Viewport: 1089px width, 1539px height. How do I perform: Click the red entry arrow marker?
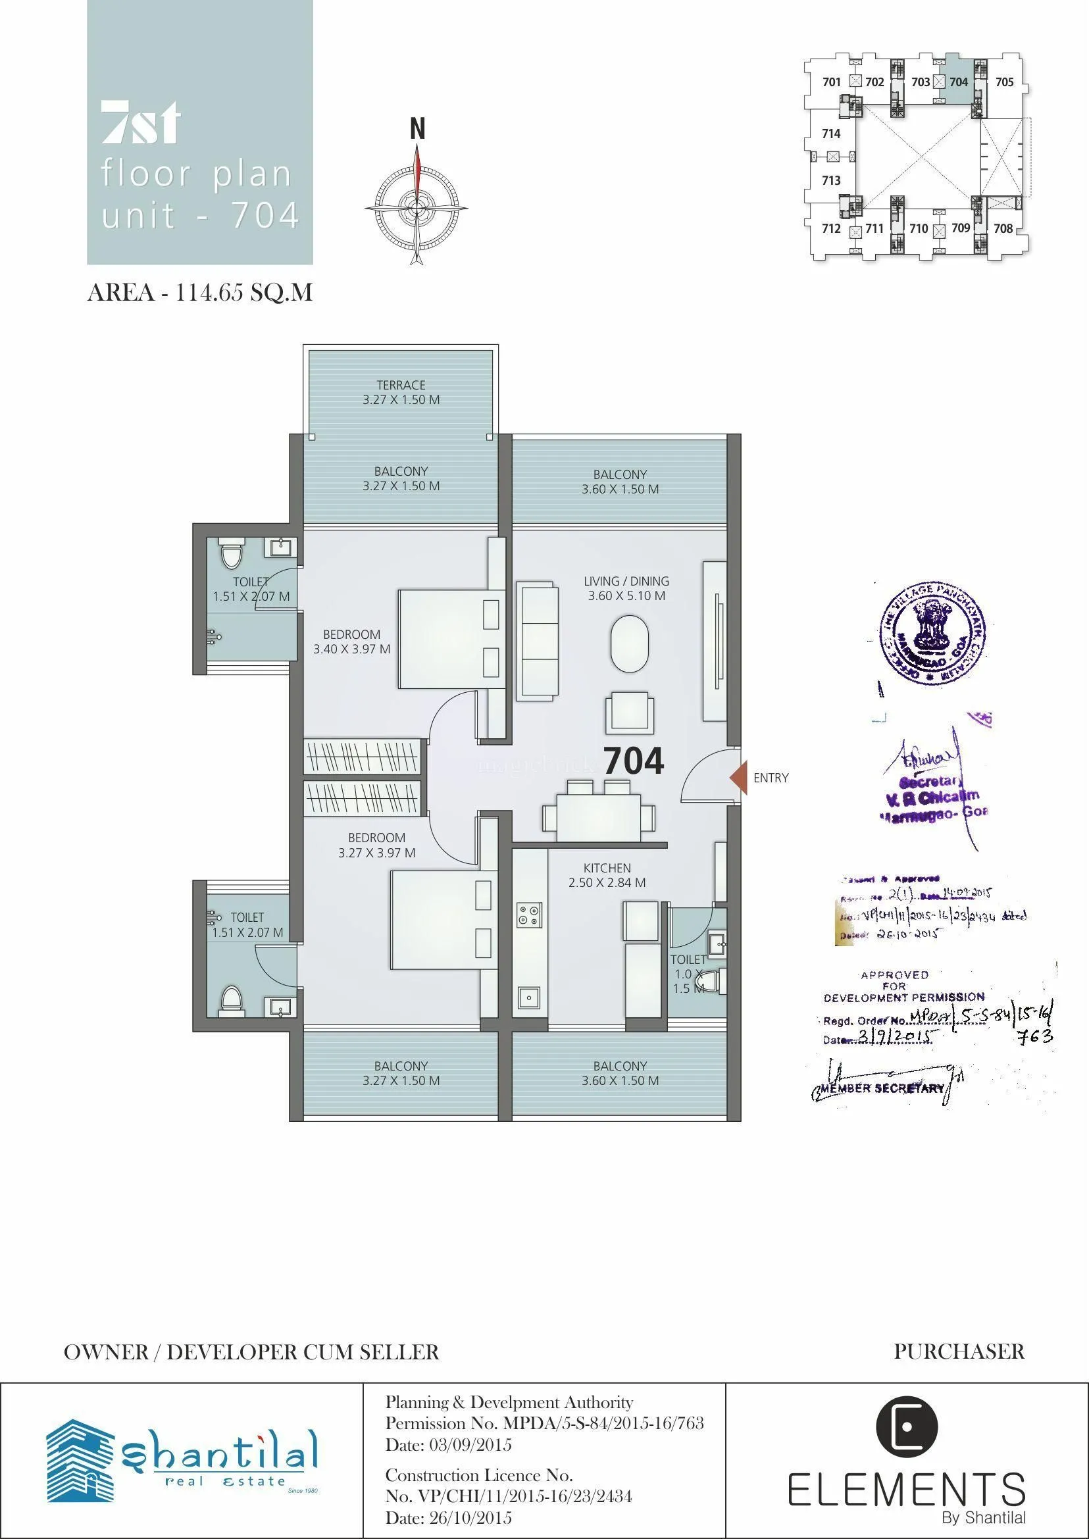click(x=738, y=777)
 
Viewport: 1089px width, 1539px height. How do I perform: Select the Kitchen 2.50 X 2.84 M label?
click(x=607, y=875)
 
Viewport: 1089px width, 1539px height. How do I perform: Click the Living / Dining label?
click(x=626, y=588)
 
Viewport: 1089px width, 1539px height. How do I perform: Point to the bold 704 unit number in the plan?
click(x=634, y=761)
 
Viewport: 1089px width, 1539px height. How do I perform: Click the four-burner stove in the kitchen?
click(x=529, y=915)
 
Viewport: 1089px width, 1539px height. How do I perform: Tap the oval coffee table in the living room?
click(x=629, y=644)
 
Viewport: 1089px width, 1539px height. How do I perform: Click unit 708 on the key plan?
click(x=1003, y=229)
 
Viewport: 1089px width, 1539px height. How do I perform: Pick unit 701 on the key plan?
click(x=832, y=82)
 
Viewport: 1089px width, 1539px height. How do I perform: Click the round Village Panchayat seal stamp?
click(x=933, y=633)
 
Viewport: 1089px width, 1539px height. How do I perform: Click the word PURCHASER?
click(x=959, y=1352)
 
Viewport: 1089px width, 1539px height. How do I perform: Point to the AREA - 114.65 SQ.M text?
click(x=200, y=293)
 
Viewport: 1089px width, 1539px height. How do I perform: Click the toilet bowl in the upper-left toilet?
click(x=232, y=555)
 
